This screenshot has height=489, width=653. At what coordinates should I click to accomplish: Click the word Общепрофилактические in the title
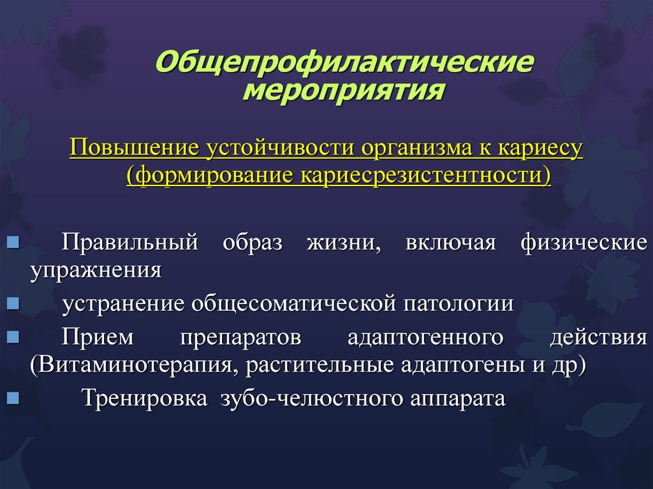(344, 62)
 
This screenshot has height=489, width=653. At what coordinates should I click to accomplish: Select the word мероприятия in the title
(344, 91)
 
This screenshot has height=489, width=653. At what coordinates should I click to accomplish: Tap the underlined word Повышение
(134, 149)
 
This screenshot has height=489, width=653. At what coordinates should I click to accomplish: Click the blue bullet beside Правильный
(13, 242)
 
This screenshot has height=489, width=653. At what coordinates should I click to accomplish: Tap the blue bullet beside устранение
(13, 303)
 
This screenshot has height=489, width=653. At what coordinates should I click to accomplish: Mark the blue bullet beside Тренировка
(13, 398)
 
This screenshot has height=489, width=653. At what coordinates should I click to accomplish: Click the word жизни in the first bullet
(344, 242)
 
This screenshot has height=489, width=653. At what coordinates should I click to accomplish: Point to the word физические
(584, 242)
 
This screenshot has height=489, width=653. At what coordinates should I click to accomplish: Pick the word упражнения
(96, 271)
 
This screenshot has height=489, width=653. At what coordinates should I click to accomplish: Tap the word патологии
(459, 303)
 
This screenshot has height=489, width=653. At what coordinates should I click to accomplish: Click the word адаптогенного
(425, 337)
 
